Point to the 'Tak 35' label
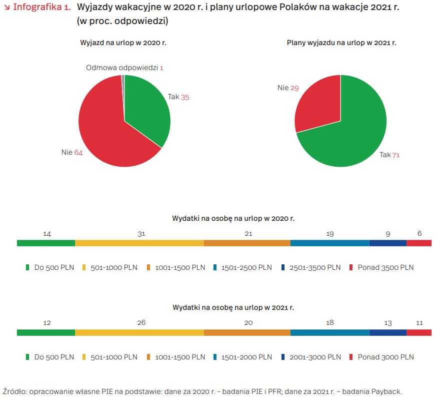[x=178, y=97]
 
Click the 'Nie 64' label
[x=72, y=152]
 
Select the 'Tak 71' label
[x=389, y=155]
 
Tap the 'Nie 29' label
[x=288, y=88]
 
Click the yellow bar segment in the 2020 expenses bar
[x=139, y=243]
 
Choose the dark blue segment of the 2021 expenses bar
[x=388, y=332]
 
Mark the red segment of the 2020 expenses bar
[x=419, y=243]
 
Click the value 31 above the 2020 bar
[x=141, y=233]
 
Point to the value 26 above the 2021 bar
[x=141, y=323]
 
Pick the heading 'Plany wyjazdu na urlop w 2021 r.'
[x=341, y=43]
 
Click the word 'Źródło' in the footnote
[x=14, y=391]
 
